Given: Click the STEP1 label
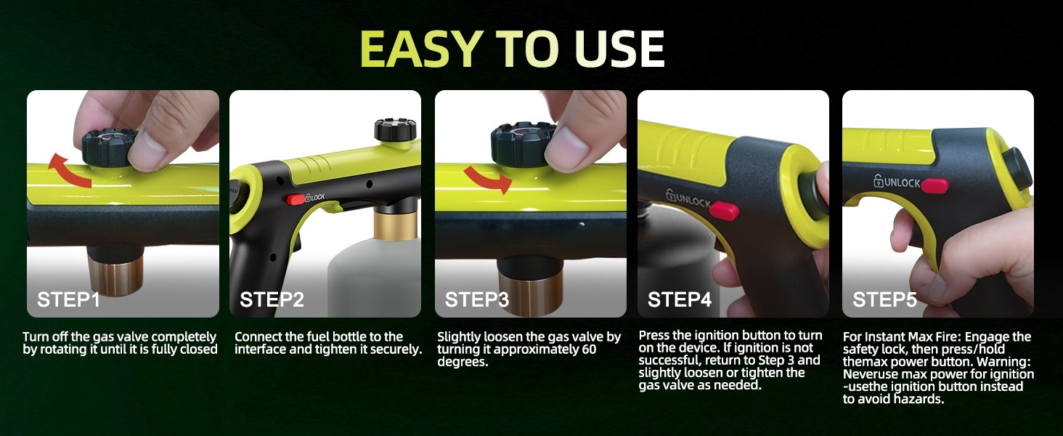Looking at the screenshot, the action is tap(68, 299).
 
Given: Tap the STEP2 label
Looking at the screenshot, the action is tap(272, 299).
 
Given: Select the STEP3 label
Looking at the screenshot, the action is tap(476, 299).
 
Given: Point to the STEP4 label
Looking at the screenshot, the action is tap(680, 299).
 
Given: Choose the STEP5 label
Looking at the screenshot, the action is tap(884, 299).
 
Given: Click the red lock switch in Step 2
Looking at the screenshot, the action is tap(296, 200).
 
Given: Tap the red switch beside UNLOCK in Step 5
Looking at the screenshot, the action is tap(935, 185).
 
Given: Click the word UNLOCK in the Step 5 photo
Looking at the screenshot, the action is tap(902, 182).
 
